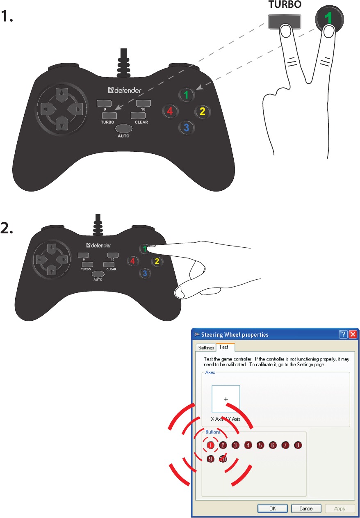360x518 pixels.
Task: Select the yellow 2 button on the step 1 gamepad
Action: (x=202, y=111)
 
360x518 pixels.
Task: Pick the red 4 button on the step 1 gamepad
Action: (x=170, y=111)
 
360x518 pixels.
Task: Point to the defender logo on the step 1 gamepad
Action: (x=125, y=90)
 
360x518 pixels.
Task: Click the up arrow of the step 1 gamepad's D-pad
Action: (x=62, y=95)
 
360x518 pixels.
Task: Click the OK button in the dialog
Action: (x=273, y=508)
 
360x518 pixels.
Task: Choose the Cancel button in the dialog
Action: (x=306, y=508)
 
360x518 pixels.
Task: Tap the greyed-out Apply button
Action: (x=339, y=508)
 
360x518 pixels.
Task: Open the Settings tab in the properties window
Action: (x=206, y=347)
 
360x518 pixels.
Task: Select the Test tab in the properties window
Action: (x=224, y=347)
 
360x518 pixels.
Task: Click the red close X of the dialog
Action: (x=353, y=334)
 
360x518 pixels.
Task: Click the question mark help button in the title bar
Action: (x=343, y=334)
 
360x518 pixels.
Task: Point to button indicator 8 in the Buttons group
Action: (x=298, y=445)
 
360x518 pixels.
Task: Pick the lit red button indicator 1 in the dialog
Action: (x=210, y=445)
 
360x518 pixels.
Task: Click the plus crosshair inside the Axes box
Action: (x=226, y=398)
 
